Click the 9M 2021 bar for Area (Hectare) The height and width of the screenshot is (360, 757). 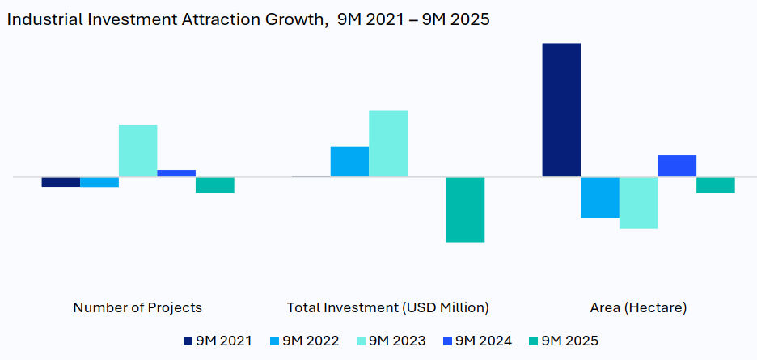[561, 109]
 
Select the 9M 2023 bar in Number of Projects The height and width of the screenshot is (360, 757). [137, 150]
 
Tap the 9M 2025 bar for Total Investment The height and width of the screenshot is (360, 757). [465, 210]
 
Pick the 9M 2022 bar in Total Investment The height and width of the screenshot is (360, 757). [349, 162]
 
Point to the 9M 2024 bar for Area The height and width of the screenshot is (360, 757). [677, 166]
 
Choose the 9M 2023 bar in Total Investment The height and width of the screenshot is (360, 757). [388, 143]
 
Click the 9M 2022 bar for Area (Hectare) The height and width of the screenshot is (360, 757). [600, 197]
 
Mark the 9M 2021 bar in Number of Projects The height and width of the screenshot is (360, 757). [61, 182]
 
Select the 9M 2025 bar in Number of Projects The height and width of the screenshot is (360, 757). [215, 185]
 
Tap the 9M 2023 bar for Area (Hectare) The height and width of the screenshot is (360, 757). [638, 203]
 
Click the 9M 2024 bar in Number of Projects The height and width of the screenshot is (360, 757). [176, 173]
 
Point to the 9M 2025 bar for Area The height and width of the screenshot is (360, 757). [716, 185]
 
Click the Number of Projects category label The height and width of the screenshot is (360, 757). [137, 307]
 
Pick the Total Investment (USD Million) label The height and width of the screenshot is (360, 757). [388, 307]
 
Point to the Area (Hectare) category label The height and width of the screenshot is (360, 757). [638, 307]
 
